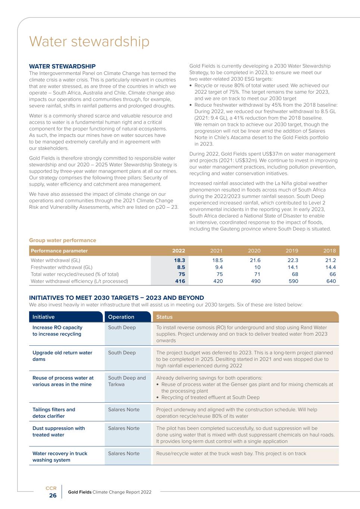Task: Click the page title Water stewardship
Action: click(x=89, y=41)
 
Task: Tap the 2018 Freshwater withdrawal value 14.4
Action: click(x=331, y=267)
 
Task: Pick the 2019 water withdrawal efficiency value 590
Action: click(x=293, y=281)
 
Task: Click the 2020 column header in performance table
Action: click(x=254, y=251)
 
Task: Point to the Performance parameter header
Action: click(x=59, y=251)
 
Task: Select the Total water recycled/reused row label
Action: click(x=75, y=274)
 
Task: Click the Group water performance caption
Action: click(x=63, y=240)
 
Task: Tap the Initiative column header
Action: click(x=44, y=317)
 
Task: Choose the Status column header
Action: click(x=165, y=317)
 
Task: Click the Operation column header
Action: click(x=121, y=317)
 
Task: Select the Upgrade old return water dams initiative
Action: click(x=62, y=356)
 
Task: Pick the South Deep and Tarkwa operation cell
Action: click(x=127, y=381)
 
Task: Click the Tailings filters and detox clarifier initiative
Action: click(x=54, y=413)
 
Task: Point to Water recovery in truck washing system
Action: click(x=60, y=456)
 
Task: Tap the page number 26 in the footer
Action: click(x=53, y=495)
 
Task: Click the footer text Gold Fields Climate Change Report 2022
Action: click(x=110, y=492)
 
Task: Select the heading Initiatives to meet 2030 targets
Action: click(x=116, y=298)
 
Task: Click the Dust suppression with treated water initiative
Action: click(x=59, y=431)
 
